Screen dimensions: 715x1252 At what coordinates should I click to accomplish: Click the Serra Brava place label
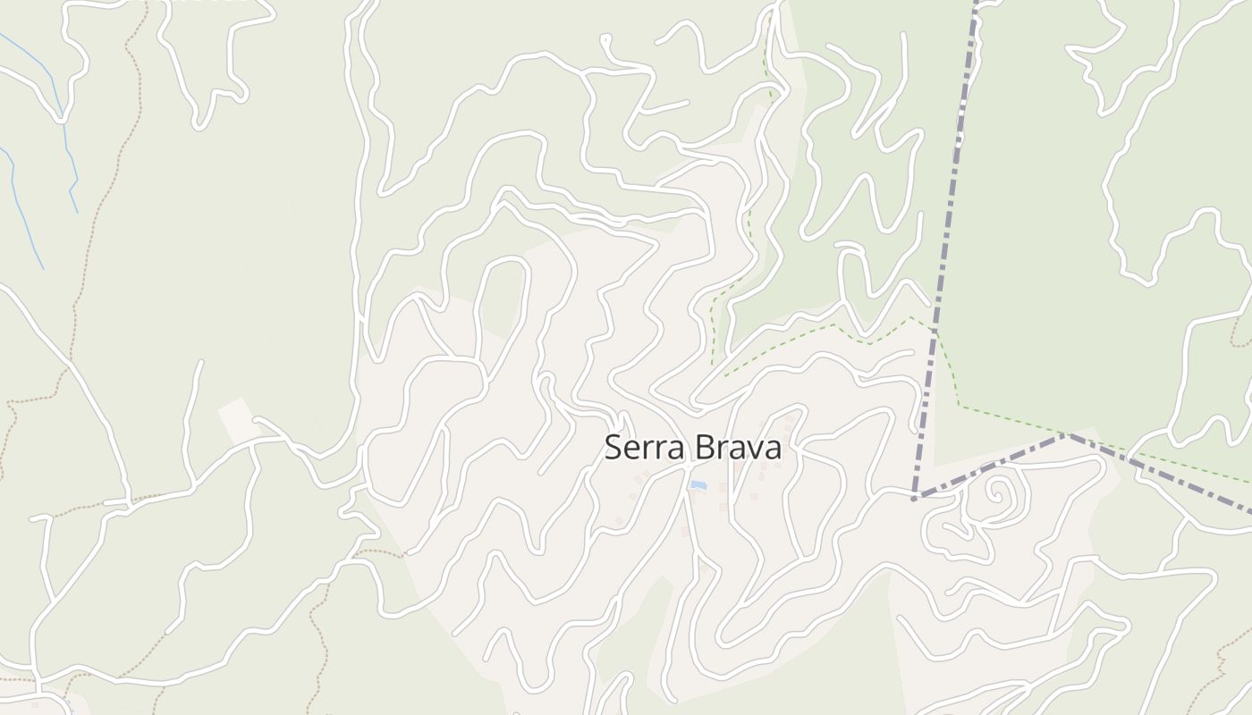coord(693,447)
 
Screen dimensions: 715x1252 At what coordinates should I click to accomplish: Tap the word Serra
coord(644,447)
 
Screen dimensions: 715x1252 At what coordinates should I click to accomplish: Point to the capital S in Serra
coord(613,447)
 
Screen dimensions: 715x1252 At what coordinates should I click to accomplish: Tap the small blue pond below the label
coord(698,485)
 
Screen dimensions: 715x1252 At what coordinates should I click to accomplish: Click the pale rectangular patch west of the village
coord(238,420)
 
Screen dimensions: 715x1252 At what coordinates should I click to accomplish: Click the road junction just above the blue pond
coord(691,466)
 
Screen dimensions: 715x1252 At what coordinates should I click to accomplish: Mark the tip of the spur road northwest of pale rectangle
coord(199,363)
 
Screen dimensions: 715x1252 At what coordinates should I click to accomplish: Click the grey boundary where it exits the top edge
coord(975,4)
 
